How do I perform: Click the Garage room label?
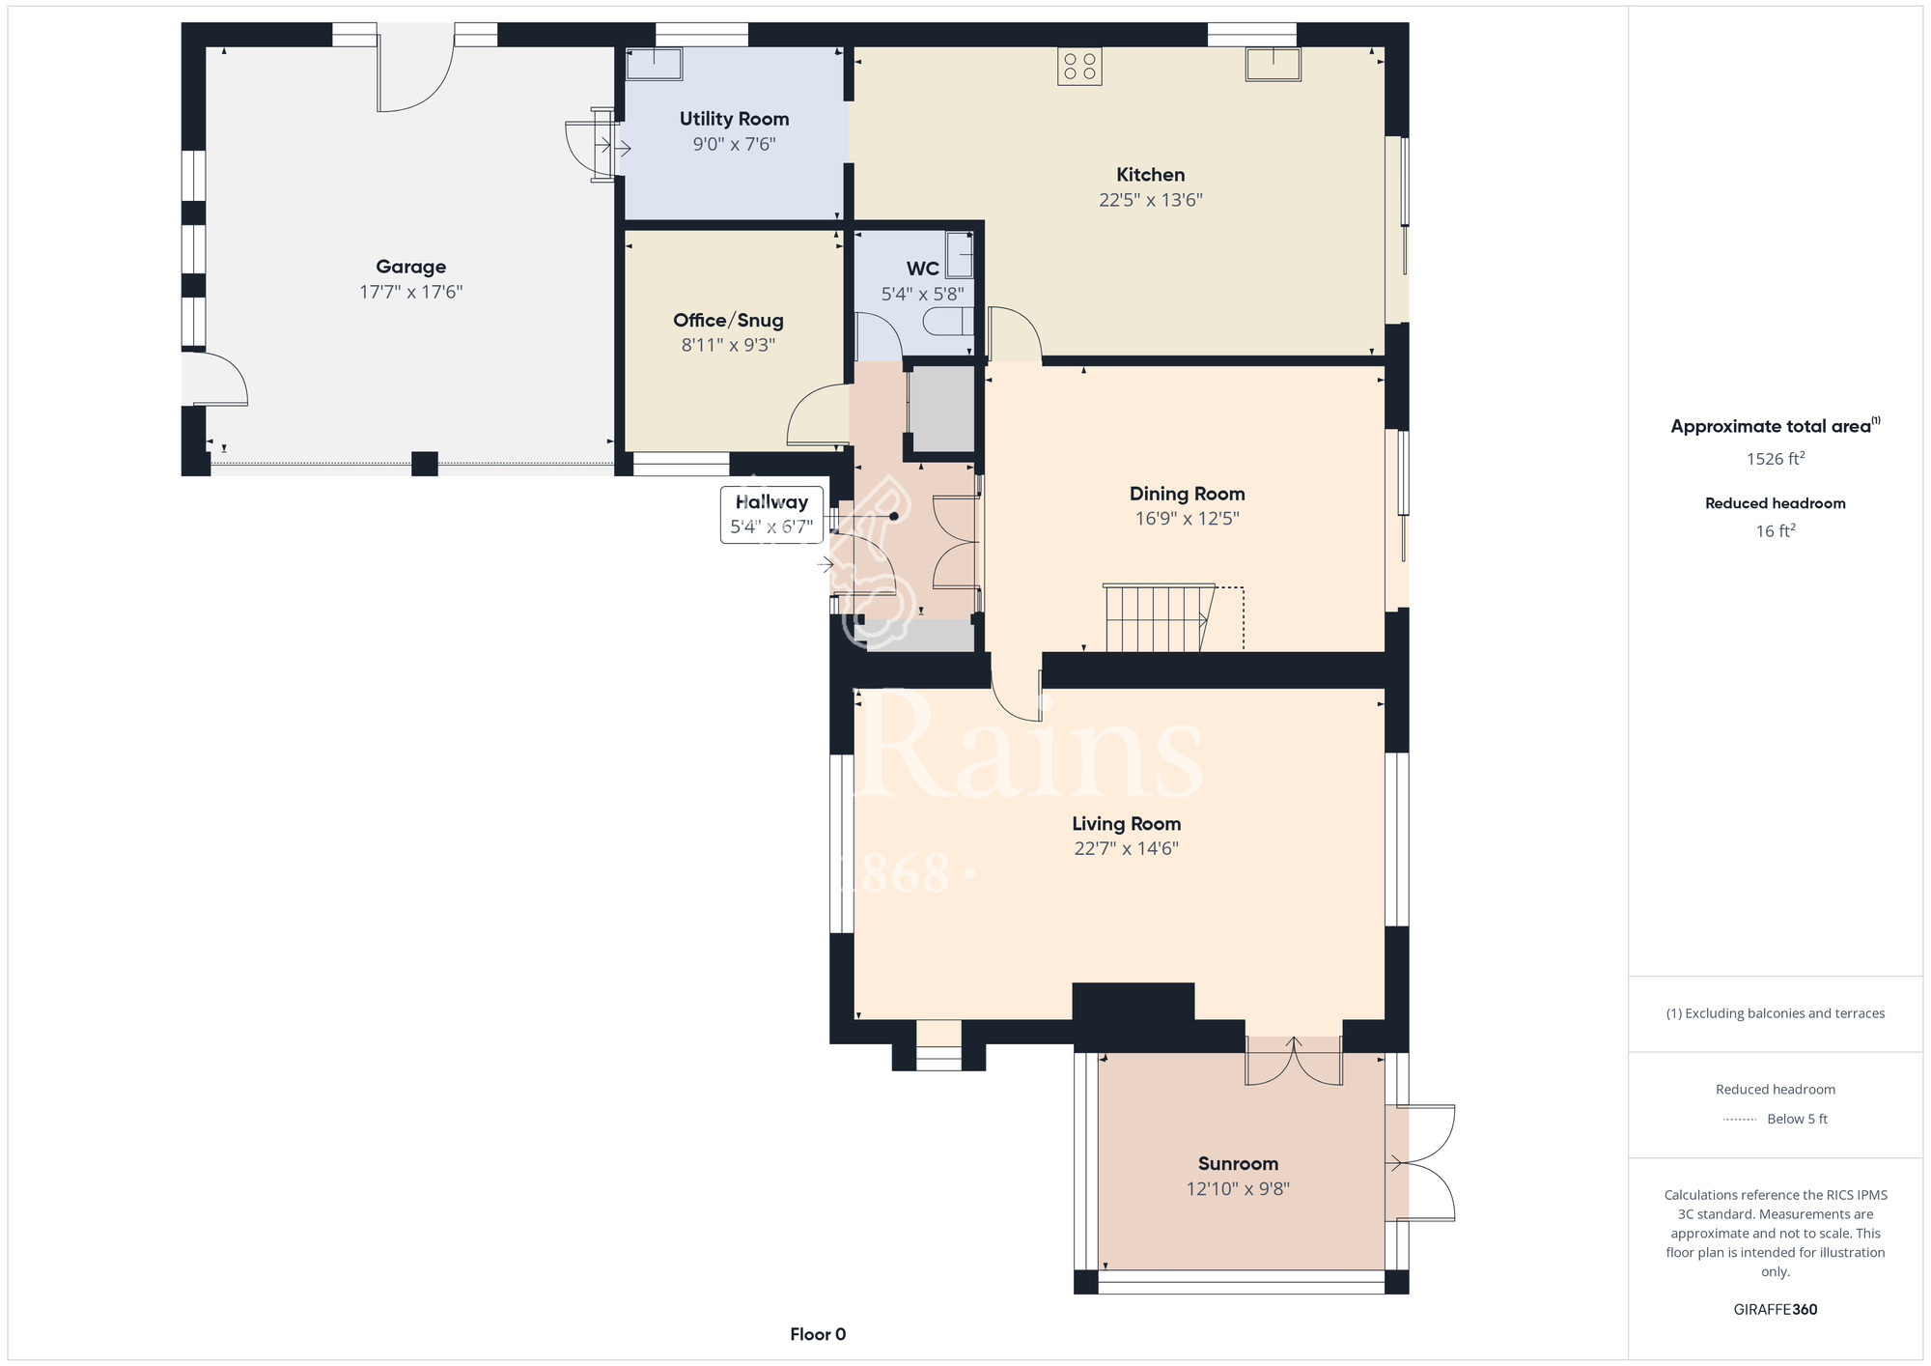coord(411,267)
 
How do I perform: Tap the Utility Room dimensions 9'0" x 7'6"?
coord(734,144)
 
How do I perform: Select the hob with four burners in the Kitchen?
coord(1079,67)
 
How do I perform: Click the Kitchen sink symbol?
coord(1273,64)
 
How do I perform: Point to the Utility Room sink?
coord(655,65)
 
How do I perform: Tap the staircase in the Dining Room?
coord(1159,617)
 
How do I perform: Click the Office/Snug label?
coord(728,320)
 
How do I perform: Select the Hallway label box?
coord(771,515)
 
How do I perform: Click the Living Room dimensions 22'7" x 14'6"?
coord(1127,848)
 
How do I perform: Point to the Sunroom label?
coord(1238,1163)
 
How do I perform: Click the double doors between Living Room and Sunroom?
coord(1294,1061)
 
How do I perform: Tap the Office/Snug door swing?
coord(817,414)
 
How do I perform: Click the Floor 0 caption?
coord(818,1334)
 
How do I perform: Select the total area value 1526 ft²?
coord(1776,458)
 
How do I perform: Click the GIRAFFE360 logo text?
coord(1776,1309)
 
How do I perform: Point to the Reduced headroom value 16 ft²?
coord(1776,530)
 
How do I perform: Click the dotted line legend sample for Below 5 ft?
coord(1739,1120)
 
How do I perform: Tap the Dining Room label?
coord(1187,494)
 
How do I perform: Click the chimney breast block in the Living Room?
coord(1133,1002)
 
